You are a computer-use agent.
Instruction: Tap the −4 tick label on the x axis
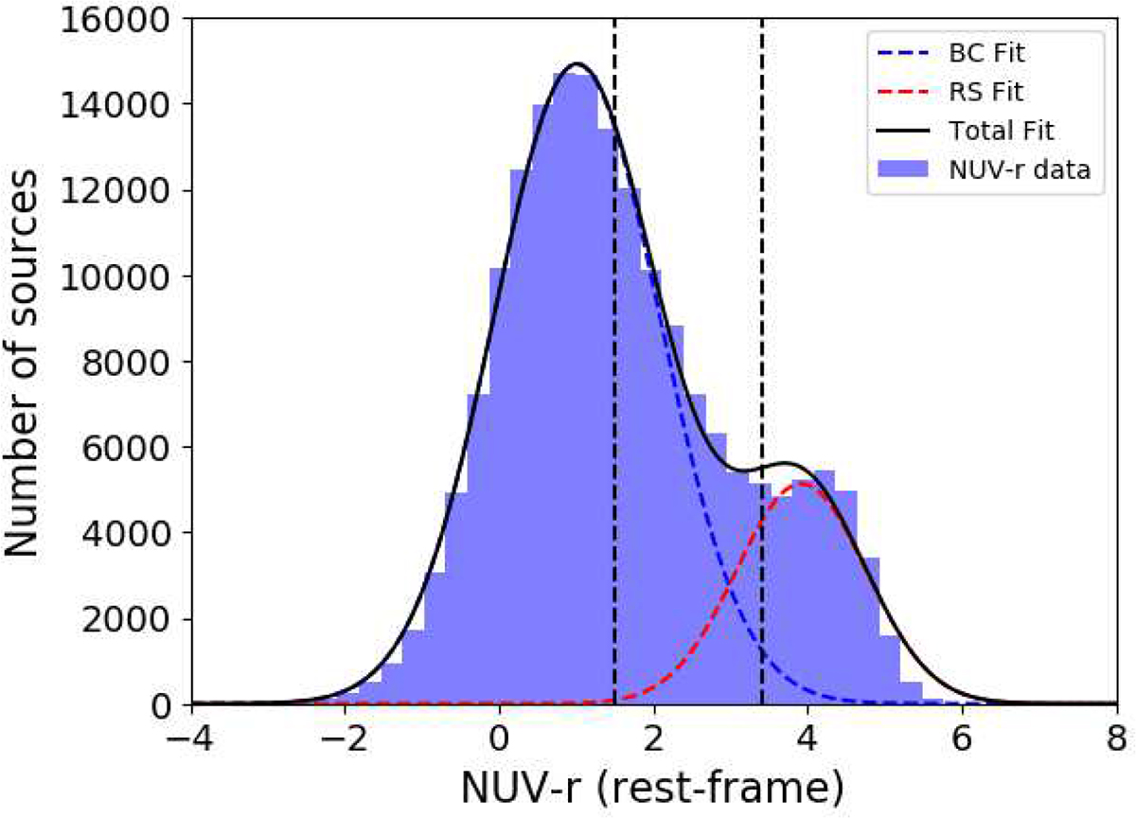[x=192, y=738]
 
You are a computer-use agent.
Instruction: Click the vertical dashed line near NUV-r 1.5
[x=615, y=379]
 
